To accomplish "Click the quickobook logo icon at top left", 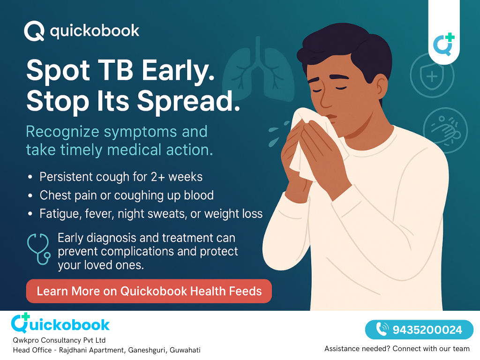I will (34, 31).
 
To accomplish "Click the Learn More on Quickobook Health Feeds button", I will (149, 291).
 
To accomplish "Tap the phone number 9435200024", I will (427, 330).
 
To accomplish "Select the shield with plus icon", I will (432, 75).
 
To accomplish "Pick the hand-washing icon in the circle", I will (445, 130).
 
